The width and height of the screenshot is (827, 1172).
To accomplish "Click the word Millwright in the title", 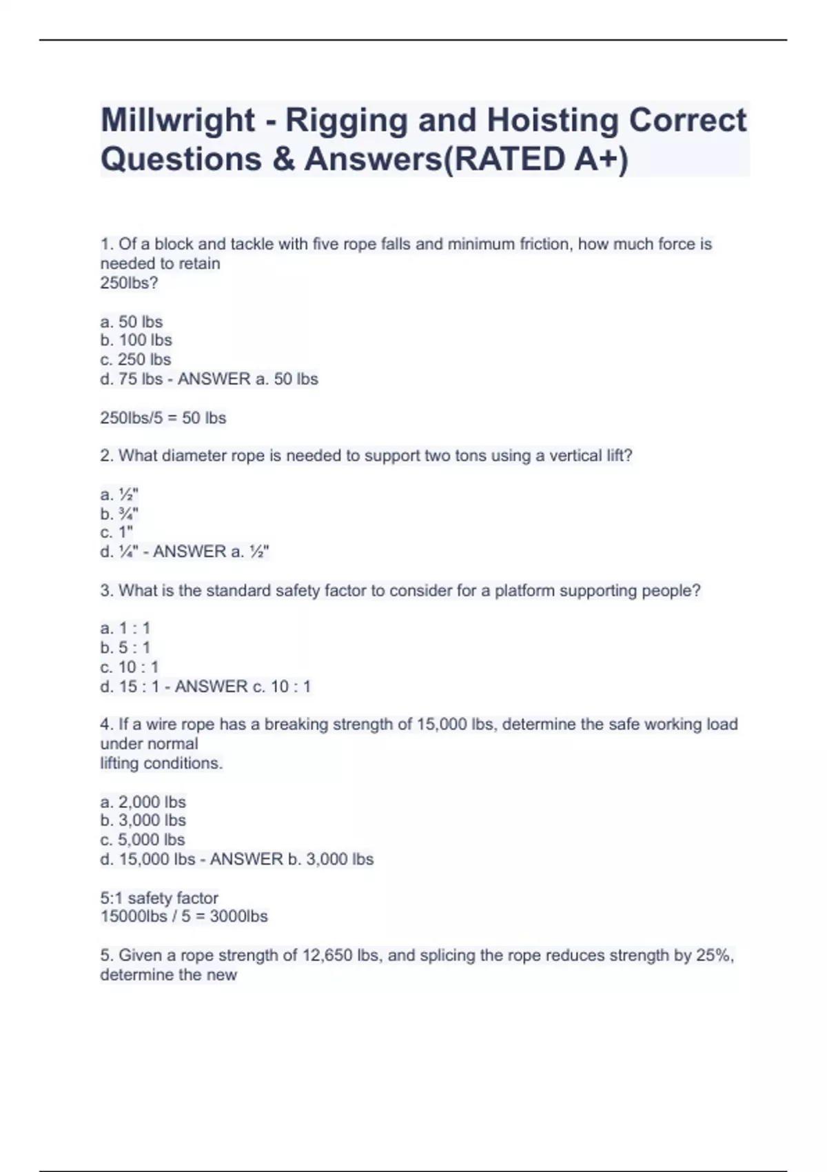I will tap(178, 120).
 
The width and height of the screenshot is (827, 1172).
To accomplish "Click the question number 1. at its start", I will tap(108, 244).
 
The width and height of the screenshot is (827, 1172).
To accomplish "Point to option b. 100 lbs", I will tap(136, 340).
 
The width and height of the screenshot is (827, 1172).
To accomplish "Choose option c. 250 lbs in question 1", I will tap(136, 359).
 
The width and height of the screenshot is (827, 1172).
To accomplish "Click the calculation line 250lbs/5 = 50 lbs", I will tap(163, 418).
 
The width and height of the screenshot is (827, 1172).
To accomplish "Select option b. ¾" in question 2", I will tap(119, 514).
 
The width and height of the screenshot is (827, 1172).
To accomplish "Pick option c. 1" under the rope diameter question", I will tap(116, 532).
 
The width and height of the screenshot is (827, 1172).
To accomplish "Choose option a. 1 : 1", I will tap(125, 628).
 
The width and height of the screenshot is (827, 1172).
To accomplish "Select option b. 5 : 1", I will tap(125, 647).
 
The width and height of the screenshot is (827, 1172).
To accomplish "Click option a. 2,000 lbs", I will tap(143, 802).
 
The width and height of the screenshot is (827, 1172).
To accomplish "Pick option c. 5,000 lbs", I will tap(143, 840).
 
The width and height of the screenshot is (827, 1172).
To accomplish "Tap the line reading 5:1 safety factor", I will tap(159, 898).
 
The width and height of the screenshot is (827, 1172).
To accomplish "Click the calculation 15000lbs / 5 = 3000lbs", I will tap(184, 916).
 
